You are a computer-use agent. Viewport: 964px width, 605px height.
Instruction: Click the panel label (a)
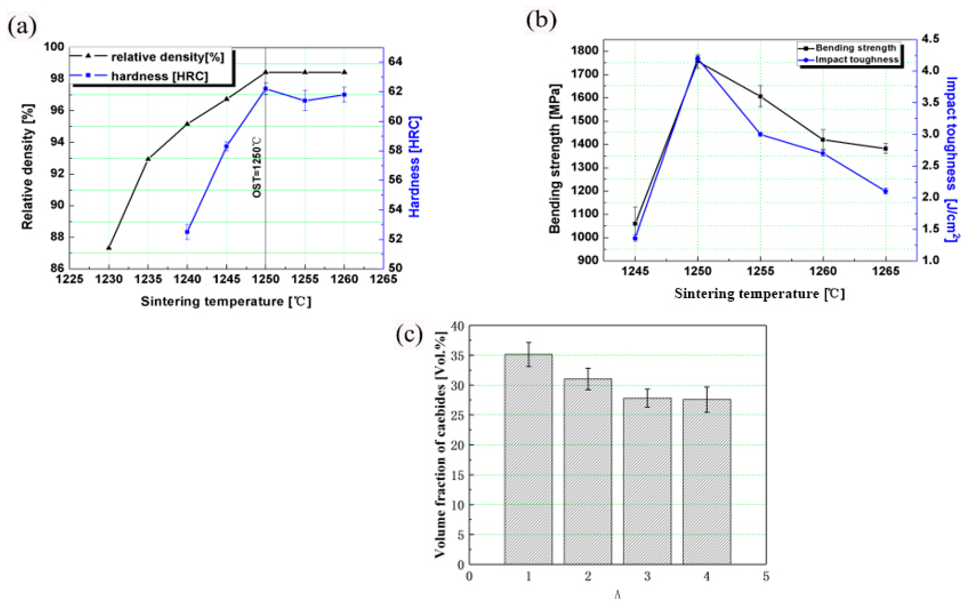[22, 27]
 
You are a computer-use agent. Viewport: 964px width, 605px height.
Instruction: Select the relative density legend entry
[167, 57]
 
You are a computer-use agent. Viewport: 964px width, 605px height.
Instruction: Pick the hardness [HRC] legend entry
[159, 76]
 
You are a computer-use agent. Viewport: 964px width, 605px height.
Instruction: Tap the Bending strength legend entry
[856, 48]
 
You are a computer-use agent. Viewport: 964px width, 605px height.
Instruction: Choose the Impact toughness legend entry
[856, 60]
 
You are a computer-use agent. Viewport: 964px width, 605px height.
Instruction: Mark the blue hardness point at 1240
[187, 232]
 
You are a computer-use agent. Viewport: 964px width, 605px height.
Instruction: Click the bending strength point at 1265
[885, 148]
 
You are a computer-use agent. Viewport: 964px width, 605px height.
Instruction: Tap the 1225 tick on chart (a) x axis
[70, 279]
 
